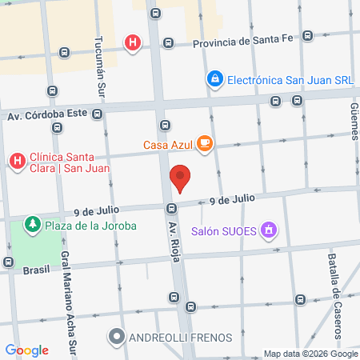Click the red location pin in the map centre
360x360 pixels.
coord(180,178)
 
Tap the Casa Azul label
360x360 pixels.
coord(168,144)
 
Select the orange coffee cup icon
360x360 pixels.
coord(206,143)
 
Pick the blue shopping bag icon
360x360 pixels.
coord(214,79)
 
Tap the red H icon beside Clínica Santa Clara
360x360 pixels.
coord(16,162)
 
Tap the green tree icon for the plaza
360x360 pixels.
coord(33,224)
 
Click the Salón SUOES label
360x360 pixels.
coord(224,232)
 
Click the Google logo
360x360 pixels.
coord(26,350)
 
